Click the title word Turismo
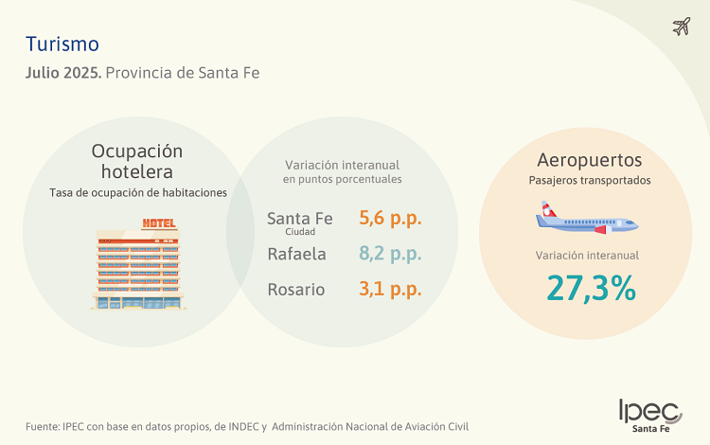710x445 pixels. tap(62, 44)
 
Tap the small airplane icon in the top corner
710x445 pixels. tap(681, 26)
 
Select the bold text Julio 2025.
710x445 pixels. tap(63, 73)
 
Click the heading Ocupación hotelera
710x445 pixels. tap(137, 161)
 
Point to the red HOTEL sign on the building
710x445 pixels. tap(158, 223)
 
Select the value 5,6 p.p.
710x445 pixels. tap(390, 218)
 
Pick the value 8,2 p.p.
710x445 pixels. tap(390, 254)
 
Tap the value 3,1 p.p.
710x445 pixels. tap(390, 290)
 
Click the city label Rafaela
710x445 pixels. tap(296, 254)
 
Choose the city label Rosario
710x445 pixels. tap(296, 290)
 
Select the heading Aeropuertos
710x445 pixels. tap(589, 159)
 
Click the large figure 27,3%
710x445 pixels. tap(590, 288)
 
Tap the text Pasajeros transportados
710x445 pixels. tap(589, 180)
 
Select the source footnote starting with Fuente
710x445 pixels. tap(246, 426)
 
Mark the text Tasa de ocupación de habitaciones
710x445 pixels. tap(138, 192)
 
